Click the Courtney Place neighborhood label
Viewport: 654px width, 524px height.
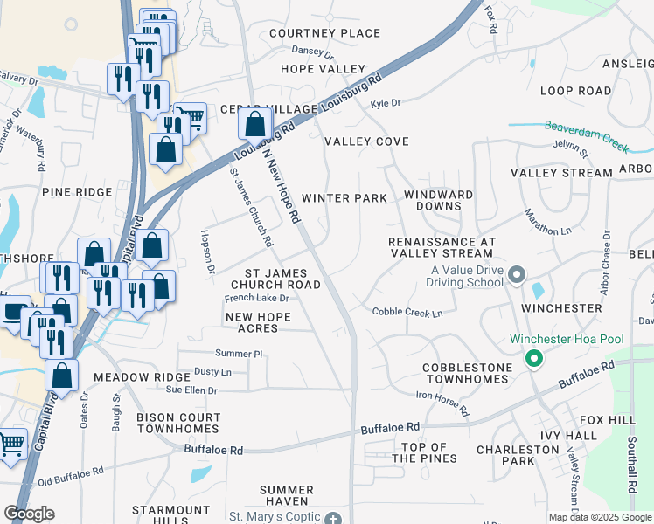pos(324,33)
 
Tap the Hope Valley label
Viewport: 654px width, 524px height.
pos(323,68)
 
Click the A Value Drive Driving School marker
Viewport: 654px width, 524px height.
pos(517,276)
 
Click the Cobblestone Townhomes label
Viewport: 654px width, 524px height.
pos(465,373)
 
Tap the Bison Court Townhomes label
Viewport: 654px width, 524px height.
pos(177,424)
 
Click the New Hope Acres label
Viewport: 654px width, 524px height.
pos(263,322)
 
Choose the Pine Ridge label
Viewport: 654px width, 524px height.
pos(77,191)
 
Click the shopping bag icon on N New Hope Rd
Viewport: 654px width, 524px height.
pos(254,124)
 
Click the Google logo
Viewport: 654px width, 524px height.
pos(29,514)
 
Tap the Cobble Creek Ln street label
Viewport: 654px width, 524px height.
pos(407,312)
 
